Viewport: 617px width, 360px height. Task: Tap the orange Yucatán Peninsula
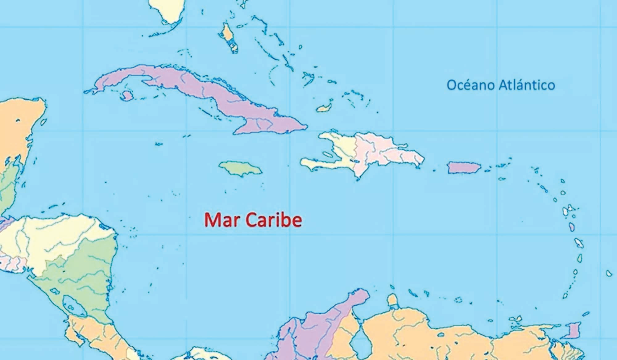point(19,123)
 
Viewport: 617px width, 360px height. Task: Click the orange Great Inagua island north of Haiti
point(324,108)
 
